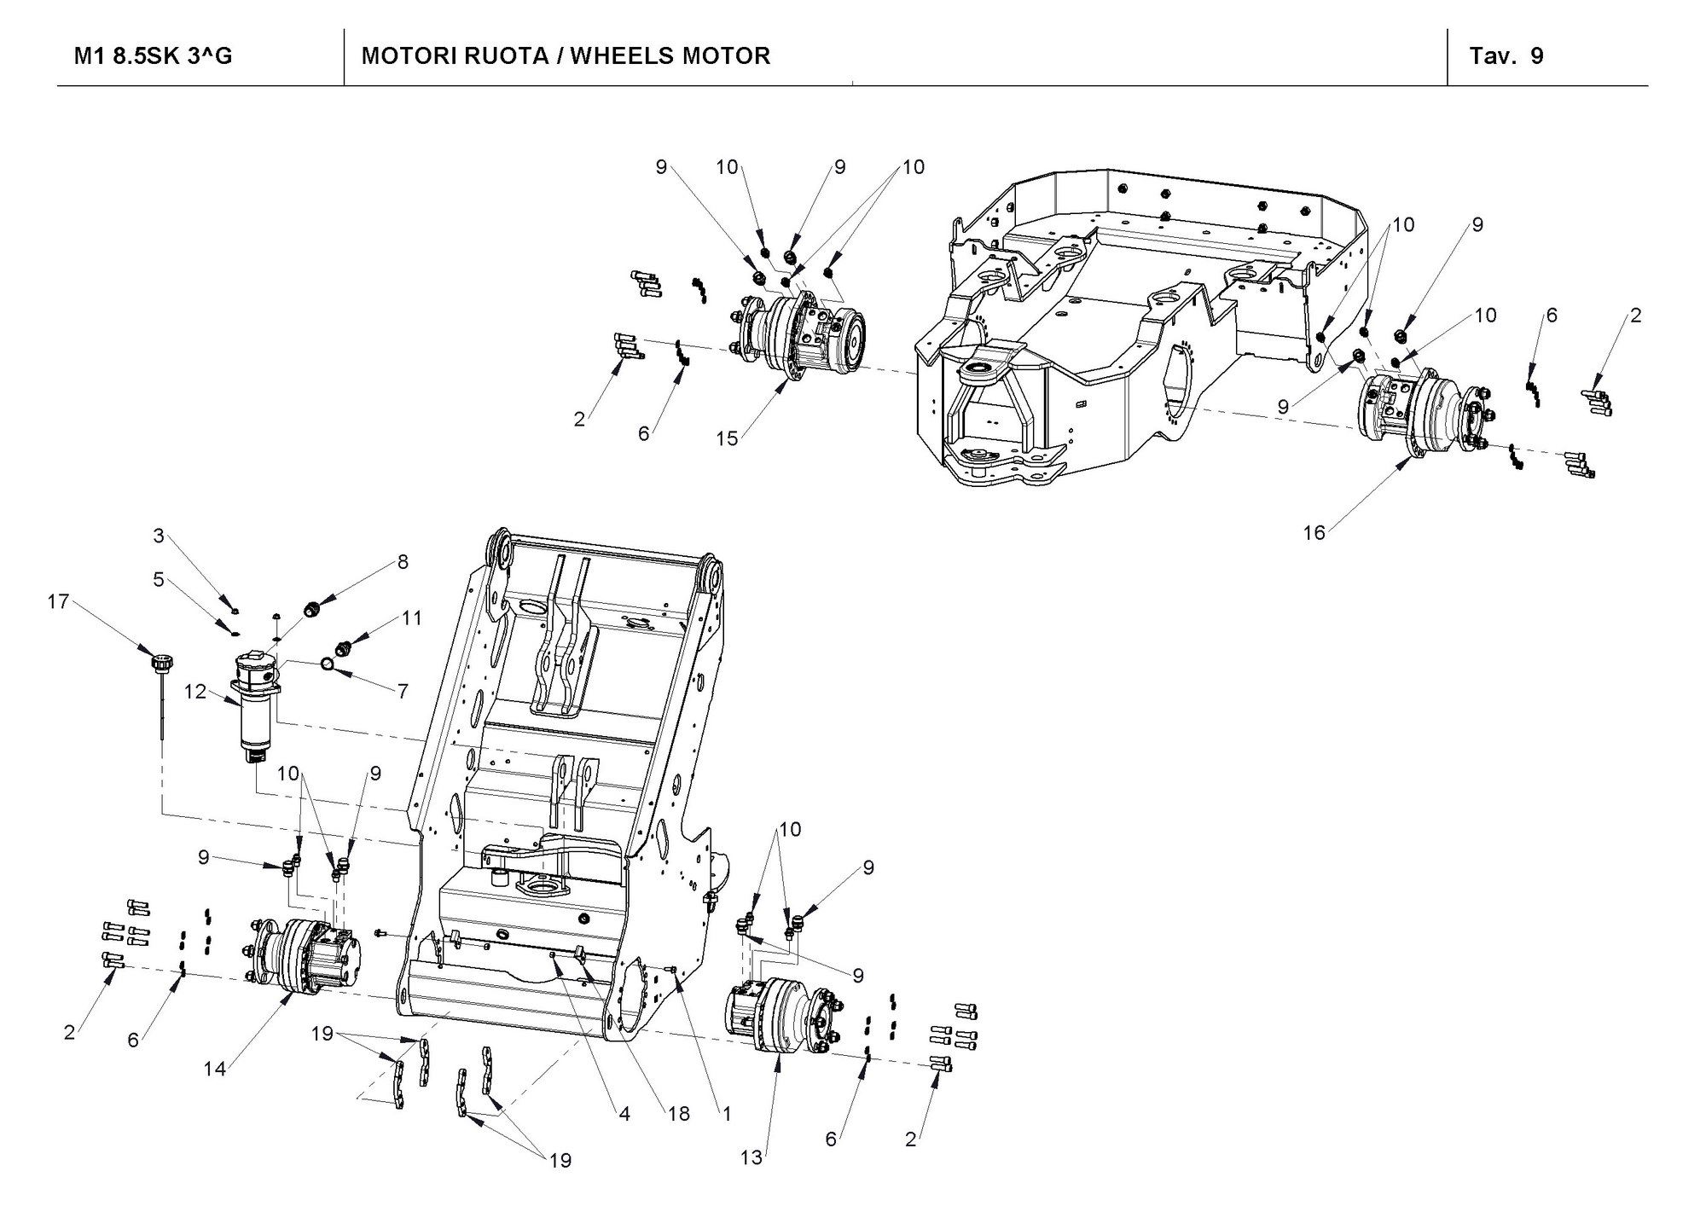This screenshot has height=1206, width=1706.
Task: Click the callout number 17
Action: point(58,602)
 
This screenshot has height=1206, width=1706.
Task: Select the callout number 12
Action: point(195,691)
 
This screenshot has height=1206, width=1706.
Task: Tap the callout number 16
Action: point(1314,532)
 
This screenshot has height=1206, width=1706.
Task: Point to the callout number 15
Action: point(727,438)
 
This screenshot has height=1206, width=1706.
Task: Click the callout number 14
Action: point(214,1067)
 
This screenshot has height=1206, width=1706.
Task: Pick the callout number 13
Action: point(751,1157)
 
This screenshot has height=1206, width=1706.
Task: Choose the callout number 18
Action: point(678,1114)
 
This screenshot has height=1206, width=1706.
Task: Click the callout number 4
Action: point(624,1114)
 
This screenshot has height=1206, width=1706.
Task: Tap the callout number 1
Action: point(727,1114)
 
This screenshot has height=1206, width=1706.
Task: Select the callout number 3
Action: point(159,536)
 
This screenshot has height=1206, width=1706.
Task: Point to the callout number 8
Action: point(403,561)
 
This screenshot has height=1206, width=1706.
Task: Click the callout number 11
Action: point(412,617)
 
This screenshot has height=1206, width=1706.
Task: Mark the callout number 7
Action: point(403,691)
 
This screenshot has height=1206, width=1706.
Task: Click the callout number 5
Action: point(159,580)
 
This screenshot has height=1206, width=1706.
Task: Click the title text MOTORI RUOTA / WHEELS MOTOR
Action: point(566,56)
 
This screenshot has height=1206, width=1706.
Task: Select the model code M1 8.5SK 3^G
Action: point(154,56)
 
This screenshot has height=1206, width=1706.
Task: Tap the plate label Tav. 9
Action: point(1506,56)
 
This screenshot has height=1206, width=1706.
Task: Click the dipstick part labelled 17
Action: point(160,682)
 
